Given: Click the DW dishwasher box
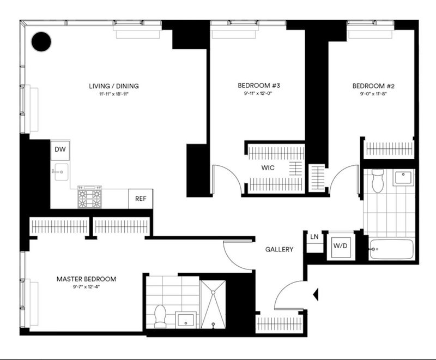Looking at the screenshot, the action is (60, 150).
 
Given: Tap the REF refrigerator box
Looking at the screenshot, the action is (141, 199).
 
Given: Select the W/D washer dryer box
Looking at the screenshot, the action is (341, 246).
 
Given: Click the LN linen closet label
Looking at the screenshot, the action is (314, 237).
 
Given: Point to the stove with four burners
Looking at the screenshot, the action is (89, 197).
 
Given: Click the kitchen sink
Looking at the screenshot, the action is (61, 172).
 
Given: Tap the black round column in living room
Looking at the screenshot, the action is (41, 42).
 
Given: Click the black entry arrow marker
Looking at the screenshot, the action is (316, 295).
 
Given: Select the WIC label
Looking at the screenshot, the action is (268, 168).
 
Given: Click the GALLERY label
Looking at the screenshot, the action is (279, 249).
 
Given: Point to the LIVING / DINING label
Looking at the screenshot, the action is (114, 86).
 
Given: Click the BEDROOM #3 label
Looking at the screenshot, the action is (259, 86).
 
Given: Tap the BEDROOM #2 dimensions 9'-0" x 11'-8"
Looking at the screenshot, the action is (373, 94).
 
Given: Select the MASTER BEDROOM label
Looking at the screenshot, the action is (86, 279).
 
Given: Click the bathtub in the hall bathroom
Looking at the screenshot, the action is (392, 249).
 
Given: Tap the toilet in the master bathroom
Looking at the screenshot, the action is (160, 316).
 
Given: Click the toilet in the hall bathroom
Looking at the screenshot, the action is (378, 181).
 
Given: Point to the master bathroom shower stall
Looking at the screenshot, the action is (213, 304).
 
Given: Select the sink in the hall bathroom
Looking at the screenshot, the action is (403, 177).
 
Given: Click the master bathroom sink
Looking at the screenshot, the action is (186, 320).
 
